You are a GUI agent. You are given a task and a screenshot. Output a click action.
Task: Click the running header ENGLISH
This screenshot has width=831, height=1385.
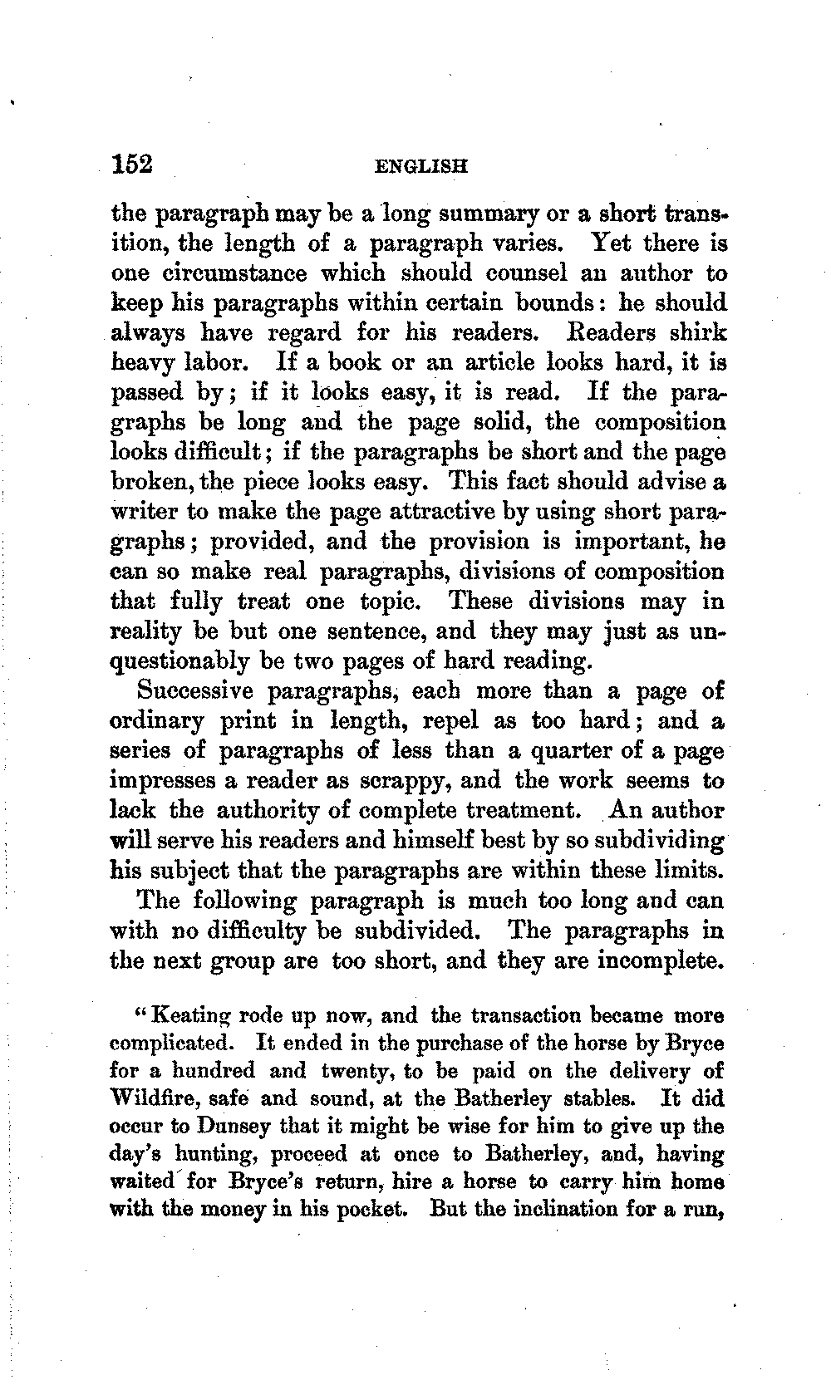pyautogui.click(x=421, y=165)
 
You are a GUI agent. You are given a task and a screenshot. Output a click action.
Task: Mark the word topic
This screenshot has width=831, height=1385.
pyautogui.click(x=394, y=601)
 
